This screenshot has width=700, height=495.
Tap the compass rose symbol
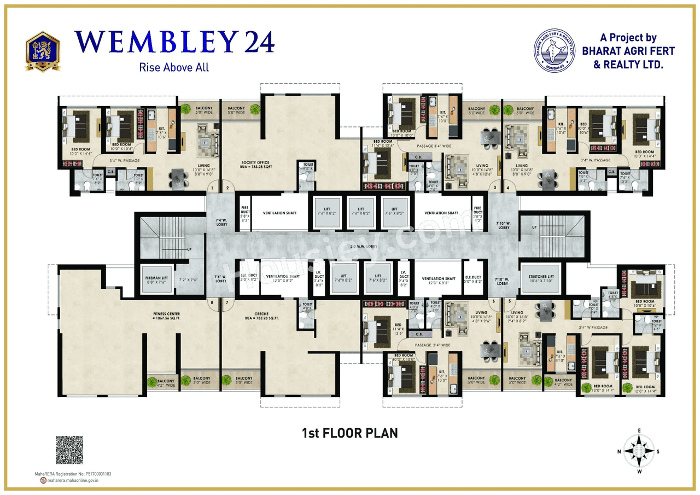[x=639, y=451]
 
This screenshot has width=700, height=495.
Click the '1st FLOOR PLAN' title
[x=350, y=433]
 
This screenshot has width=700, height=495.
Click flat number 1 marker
[x=212, y=188]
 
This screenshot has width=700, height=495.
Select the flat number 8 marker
[x=212, y=301]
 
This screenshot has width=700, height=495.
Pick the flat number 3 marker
[x=495, y=188]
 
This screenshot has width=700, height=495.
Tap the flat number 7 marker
[x=226, y=301]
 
